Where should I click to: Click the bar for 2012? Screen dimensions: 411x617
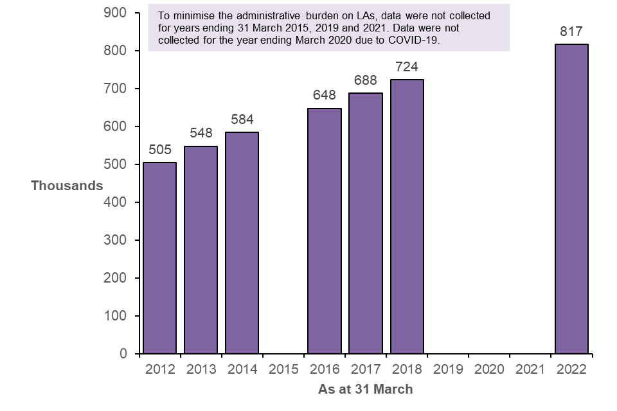tap(159, 258)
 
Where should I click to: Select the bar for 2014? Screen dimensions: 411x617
tap(242, 243)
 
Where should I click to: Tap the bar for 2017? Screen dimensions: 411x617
tap(366, 223)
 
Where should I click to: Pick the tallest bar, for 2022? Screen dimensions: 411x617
tap(572, 199)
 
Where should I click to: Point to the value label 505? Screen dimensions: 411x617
tap(159, 150)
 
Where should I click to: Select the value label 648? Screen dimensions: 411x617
tap(325, 96)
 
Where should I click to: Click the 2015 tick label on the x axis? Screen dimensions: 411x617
tap(283, 369)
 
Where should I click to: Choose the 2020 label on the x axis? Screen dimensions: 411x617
tap(490, 369)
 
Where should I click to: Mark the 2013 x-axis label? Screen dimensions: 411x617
tap(201, 369)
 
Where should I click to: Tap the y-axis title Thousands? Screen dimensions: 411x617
tap(67, 186)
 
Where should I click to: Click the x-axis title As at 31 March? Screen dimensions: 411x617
tap(366, 389)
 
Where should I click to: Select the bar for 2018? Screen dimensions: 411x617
tap(407, 217)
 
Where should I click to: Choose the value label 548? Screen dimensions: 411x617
tap(201, 134)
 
